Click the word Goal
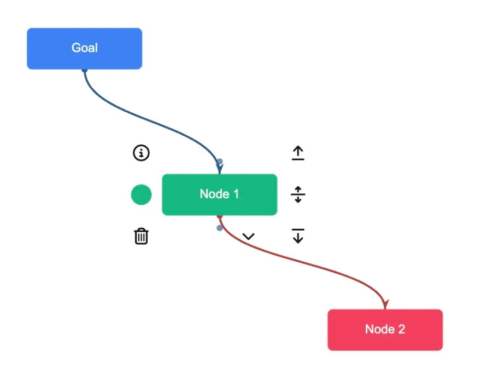pos(85,48)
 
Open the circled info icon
pos(141,153)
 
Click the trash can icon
pos(141,237)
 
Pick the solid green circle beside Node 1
pos(141,194)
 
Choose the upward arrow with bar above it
pos(298,153)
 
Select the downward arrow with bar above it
pos(298,236)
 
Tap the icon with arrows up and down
pos(298,194)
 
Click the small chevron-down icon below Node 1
pos(249,237)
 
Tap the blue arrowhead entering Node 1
pos(220,170)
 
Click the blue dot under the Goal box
pos(85,70)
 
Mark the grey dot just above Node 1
pos(220,162)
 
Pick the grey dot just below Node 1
pos(219,228)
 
